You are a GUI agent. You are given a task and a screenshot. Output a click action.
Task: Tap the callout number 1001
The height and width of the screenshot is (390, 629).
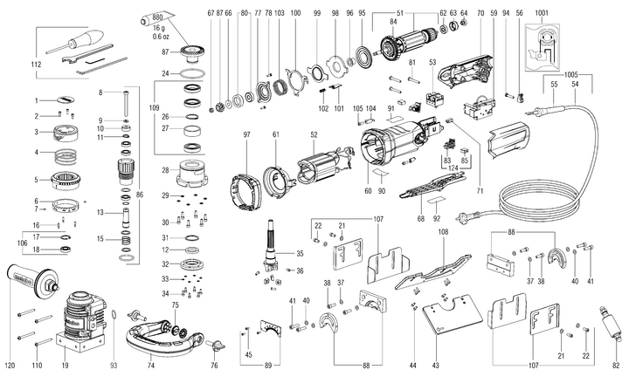coord(542,12)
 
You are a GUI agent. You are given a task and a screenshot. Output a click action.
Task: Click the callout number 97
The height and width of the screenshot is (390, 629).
coord(247,135)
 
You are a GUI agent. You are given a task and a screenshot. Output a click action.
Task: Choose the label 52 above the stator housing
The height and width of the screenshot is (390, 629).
coord(312,135)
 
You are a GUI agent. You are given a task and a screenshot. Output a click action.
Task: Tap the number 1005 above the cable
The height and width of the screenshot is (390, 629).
coord(571,76)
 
